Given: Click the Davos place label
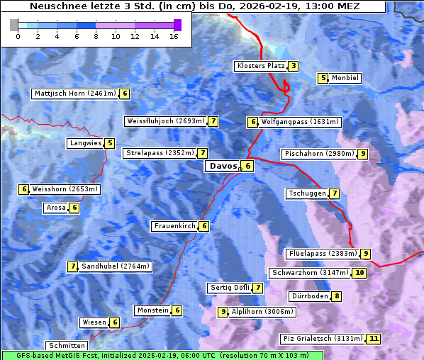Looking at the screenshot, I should point(222,166).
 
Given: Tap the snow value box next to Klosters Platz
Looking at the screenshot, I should point(292,67).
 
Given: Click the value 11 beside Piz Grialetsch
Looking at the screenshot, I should point(374,339).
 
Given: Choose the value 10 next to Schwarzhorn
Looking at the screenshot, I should point(359,273).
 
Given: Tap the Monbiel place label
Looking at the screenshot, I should point(346,78).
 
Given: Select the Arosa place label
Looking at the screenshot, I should point(55,208).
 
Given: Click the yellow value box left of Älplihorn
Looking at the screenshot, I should point(223,312).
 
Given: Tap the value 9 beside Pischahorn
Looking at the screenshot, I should point(362,154).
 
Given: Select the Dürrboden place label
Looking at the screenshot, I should point(310,296).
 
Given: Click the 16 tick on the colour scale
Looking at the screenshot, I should point(174,35).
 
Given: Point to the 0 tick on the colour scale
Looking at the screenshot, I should point(17,35).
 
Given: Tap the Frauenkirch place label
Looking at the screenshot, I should point(174,226).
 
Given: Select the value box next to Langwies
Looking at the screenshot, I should point(109,143).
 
